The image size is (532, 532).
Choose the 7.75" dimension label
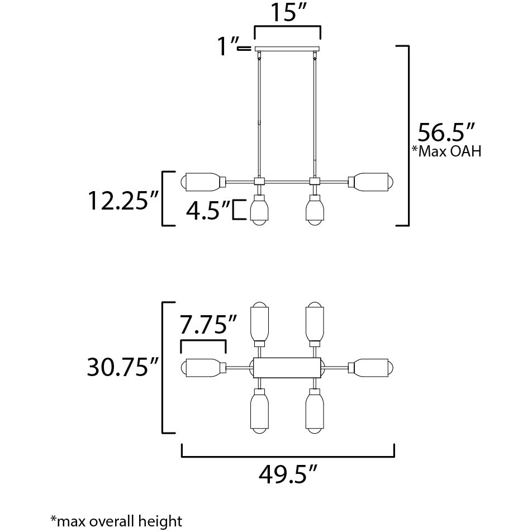[208, 325]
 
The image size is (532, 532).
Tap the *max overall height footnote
[116, 521]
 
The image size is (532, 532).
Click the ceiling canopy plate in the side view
[288, 49]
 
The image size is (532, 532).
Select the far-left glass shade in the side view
[203, 182]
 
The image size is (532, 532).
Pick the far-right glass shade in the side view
[372, 182]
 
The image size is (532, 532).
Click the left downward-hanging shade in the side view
[259, 210]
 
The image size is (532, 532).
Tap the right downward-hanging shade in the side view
[315, 210]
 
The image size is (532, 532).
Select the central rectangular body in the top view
[287, 367]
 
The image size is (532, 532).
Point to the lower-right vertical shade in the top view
[315, 412]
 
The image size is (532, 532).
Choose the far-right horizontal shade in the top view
[372, 367]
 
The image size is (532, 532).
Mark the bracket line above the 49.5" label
[288, 457]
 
